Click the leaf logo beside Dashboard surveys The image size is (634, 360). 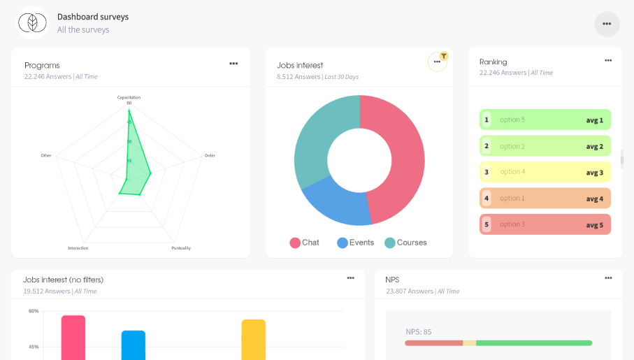tap(32, 23)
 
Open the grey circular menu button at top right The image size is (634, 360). tap(607, 24)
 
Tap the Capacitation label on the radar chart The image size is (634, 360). tap(129, 97)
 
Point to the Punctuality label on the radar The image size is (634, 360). tap(181, 248)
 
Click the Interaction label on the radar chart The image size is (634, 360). tap(78, 248)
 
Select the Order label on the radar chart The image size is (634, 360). tap(210, 155)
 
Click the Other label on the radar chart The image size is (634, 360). tap(46, 155)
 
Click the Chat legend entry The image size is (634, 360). tap(305, 243)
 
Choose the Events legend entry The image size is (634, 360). tap(356, 243)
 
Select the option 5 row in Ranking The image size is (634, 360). tap(545, 120)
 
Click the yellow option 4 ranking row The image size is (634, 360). tap(545, 172)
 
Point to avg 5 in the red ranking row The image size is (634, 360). tap(594, 224)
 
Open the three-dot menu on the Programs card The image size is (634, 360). tap(233, 64)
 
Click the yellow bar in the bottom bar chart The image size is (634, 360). tap(254, 339)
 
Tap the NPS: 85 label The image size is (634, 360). tap(419, 331)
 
